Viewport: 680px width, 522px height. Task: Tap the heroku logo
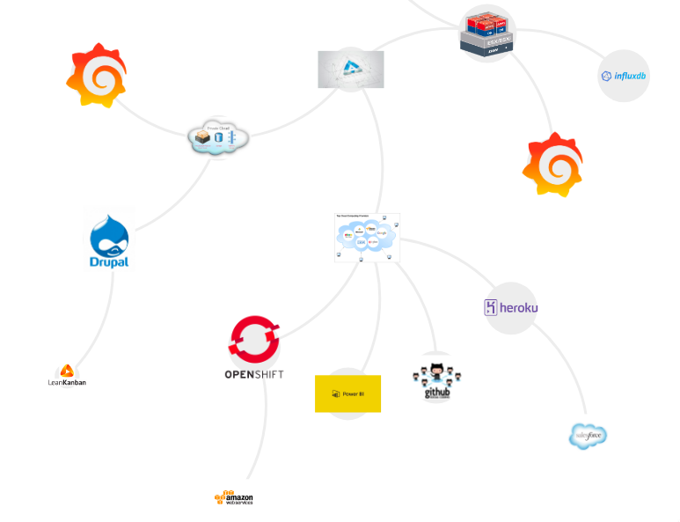pos(510,307)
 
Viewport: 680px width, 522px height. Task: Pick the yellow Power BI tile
pos(347,393)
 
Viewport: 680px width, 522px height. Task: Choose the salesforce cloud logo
pos(588,435)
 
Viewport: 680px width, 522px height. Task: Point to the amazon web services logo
pos(234,498)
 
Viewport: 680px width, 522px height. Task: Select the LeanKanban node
pos(67,376)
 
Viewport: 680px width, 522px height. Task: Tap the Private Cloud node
pos(218,137)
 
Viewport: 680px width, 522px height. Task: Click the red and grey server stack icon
pos(486,34)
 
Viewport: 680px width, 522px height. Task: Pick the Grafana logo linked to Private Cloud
pos(97,77)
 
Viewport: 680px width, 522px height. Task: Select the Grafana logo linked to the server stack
pos(552,165)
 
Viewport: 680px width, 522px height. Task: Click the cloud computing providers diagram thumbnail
pos(367,237)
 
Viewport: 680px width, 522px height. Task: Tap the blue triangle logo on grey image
pos(350,69)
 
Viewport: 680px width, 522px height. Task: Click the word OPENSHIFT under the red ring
pos(254,374)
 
